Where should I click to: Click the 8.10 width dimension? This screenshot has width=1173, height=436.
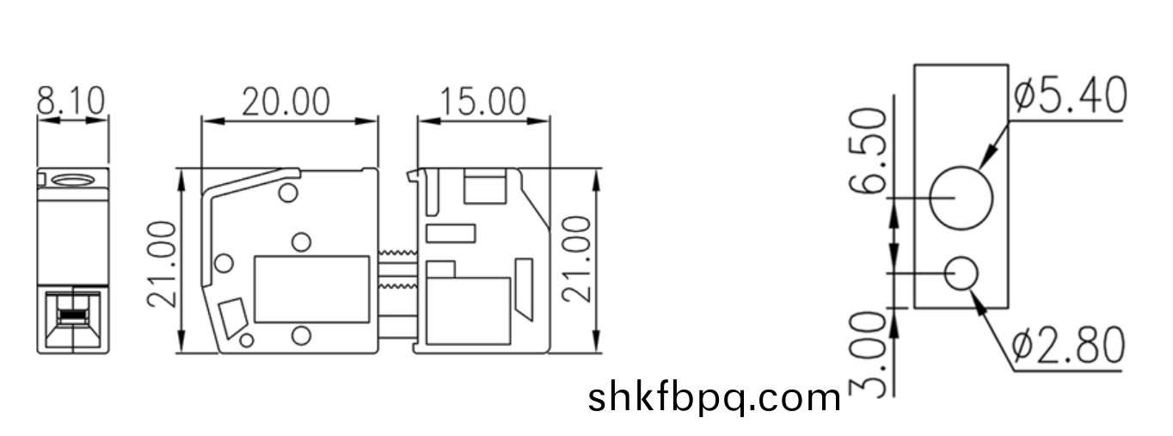pyautogui.click(x=71, y=101)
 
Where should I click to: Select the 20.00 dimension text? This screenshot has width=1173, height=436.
pyautogui.click(x=285, y=101)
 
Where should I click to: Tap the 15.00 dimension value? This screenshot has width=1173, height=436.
pyautogui.click(x=482, y=101)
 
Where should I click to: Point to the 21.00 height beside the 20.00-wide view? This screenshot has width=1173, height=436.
pyautogui.click(x=163, y=263)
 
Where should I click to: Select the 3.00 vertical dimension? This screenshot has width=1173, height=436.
pyautogui.click(x=871, y=353)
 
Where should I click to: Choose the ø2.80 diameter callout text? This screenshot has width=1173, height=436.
pyautogui.click(x=1068, y=346)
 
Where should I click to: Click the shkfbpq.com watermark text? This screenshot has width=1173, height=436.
pyautogui.click(x=715, y=398)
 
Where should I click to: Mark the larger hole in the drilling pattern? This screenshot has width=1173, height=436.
pyautogui.click(x=961, y=198)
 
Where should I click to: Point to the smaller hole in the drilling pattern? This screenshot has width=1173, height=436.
pyautogui.click(x=961, y=274)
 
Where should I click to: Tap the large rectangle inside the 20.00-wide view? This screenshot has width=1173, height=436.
pyautogui.click(x=312, y=289)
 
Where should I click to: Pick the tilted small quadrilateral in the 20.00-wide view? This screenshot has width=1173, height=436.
pyautogui.click(x=232, y=317)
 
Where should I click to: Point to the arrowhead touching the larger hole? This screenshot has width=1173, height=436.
pyautogui.click(x=987, y=158)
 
